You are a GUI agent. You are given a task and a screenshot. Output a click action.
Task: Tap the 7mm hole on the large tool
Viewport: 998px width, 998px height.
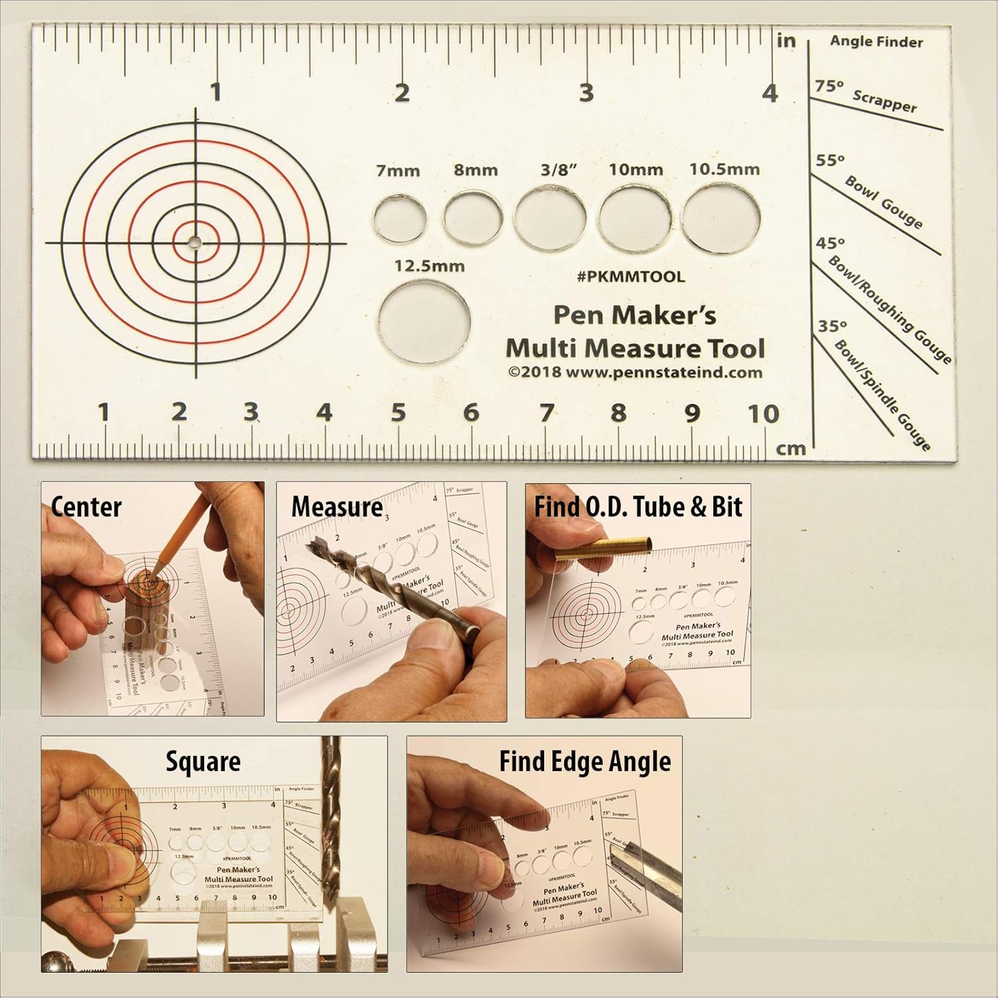point(400,218)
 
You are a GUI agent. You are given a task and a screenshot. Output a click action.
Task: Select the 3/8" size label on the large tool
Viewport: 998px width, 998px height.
point(558,170)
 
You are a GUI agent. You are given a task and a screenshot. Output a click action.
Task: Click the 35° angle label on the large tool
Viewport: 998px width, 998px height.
point(832,326)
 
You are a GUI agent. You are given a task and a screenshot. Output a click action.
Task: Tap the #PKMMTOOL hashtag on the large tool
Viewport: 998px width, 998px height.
point(631,277)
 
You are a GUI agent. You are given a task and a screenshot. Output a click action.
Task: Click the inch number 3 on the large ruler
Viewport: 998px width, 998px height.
point(585,93)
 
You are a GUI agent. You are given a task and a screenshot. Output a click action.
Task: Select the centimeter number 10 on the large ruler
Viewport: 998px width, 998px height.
point(762,415)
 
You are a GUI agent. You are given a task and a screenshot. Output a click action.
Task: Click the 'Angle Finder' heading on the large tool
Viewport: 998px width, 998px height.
point(876,42)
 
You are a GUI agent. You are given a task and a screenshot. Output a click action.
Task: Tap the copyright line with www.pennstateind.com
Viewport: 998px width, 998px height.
point(635,373)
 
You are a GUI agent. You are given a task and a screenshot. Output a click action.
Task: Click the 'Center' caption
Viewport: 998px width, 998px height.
point(86,507)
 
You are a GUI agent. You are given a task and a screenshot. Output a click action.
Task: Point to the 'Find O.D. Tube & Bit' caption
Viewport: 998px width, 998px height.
point(637,507)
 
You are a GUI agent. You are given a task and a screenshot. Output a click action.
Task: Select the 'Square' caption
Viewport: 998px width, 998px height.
point(203,762)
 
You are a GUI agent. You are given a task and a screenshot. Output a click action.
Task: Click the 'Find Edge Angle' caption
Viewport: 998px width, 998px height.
point(585,762)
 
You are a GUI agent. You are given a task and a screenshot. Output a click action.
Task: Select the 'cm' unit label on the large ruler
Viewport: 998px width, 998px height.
point(791,449)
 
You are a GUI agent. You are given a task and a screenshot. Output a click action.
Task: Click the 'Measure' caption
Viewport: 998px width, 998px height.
point(337,507)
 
